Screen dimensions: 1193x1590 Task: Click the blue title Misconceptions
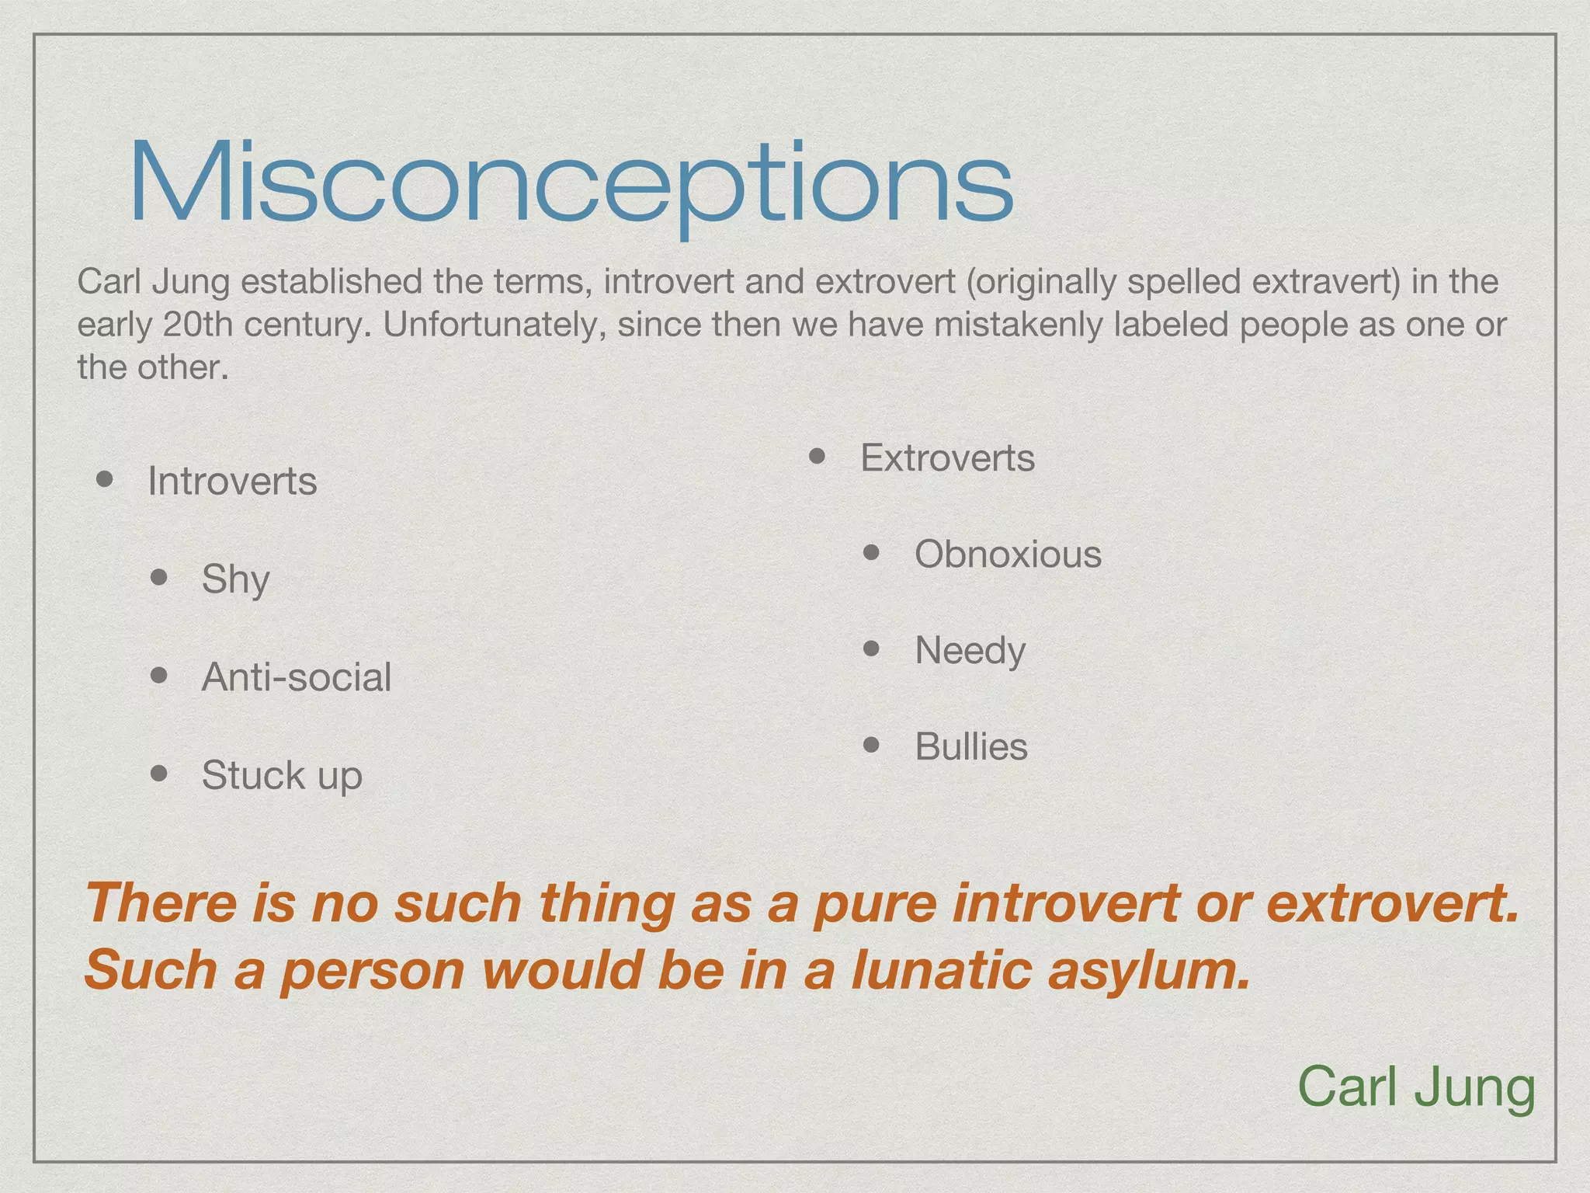[x=571, y=184]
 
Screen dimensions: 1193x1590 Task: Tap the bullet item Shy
[x=235, y=579]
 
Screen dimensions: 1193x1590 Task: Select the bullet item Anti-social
[x=296, y=677]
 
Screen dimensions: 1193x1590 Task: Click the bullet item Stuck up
[x=282, y=775]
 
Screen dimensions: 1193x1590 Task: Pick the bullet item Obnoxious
[x=1008, y=555]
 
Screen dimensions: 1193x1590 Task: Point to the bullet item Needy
[x=970, y=651]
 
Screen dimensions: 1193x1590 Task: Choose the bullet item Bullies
[x=970, y=747]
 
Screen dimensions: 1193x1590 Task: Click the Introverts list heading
[x=232, y=482]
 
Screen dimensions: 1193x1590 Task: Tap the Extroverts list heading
[x=947, y=458]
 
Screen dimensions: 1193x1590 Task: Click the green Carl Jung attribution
[x=1416, y=1087]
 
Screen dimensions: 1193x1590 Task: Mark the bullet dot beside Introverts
[x=106, y=479]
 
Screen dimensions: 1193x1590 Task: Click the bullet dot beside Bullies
[x=871, y=746]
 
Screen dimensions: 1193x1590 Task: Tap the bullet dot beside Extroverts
[x=817, y=456]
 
